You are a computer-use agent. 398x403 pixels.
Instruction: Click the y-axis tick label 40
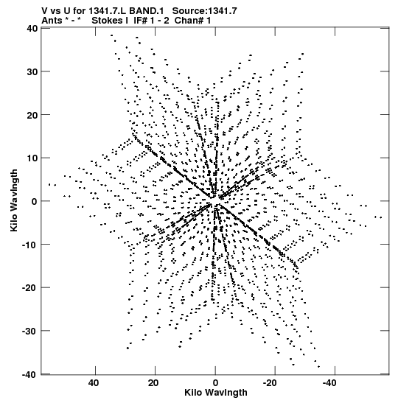(32, 28)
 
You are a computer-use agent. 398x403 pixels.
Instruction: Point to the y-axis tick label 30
(32, 71)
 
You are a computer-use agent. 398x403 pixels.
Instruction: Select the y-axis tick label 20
(32, 115)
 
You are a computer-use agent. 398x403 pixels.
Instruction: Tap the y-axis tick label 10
(32, 158)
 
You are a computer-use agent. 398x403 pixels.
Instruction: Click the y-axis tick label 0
(35, 201)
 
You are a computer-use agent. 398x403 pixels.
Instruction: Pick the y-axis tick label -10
(29, 245)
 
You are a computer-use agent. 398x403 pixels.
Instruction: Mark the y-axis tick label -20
(29, 288)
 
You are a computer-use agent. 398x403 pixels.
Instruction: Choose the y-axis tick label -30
(29, 331)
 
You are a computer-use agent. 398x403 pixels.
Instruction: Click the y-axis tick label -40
(29, 374)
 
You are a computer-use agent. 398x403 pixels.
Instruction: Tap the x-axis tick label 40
(94, 383)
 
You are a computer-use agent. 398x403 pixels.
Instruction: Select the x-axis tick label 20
(153, 383)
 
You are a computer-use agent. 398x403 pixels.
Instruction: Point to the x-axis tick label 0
(215, 383)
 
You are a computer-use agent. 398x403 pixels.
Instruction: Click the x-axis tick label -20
(270, 383)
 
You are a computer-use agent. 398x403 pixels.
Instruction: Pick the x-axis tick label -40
(329, 383)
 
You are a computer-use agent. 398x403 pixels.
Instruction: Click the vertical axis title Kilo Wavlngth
(14, 200)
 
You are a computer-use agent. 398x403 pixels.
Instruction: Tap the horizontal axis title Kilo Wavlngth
(216, 393)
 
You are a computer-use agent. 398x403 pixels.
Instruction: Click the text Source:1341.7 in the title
(204, 11)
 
